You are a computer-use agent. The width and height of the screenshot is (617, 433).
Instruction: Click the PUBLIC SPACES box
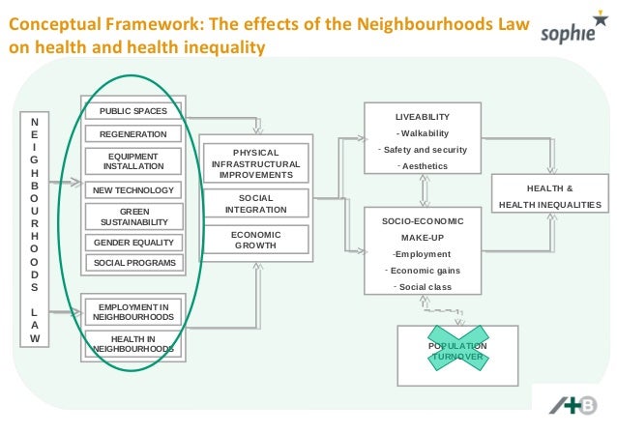132,110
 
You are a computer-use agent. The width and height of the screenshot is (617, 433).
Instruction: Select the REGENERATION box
132,134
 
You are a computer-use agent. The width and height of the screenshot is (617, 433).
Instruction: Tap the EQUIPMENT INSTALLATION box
132,160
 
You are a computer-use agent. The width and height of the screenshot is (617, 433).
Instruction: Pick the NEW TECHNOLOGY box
132,190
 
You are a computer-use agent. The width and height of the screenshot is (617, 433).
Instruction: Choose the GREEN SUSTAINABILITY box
132,216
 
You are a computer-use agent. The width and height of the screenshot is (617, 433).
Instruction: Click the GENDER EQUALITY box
132,242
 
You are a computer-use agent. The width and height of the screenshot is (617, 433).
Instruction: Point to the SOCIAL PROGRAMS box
132,263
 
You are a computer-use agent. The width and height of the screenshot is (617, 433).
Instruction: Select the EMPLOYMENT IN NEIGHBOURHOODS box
132,311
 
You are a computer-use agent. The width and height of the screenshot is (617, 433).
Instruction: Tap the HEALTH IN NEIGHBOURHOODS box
132,343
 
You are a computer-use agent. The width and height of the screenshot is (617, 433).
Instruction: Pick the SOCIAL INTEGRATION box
256,203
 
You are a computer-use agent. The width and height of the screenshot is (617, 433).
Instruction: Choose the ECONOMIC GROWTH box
256,240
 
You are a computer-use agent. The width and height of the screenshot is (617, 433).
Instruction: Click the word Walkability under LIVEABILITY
423,133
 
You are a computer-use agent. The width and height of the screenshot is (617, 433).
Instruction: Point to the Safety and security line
425,150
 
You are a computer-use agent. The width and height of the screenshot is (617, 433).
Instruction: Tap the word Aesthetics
425,166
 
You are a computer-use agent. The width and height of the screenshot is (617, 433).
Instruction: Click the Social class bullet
425,287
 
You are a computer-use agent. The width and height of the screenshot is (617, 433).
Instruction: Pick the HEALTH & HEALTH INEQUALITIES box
549,196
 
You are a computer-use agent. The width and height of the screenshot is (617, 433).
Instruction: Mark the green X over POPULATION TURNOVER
457,351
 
